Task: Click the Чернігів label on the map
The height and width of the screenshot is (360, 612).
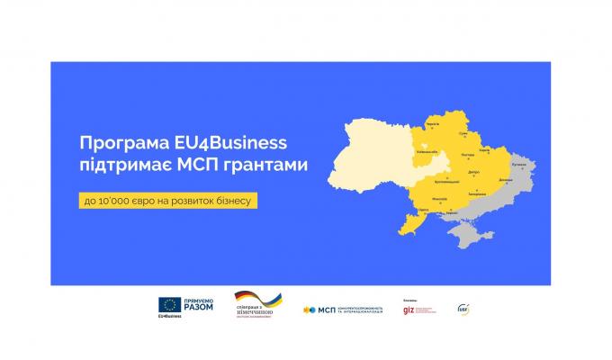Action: (432, 123)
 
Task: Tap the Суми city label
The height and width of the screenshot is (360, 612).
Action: (463, 134)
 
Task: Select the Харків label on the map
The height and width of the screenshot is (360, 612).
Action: (485, 149)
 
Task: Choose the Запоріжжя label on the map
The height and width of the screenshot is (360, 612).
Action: (477, 193)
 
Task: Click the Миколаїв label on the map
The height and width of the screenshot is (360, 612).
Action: (440, 198)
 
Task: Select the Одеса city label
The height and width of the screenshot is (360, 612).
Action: (423, 211)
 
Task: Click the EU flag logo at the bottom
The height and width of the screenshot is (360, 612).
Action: (168, 305)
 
